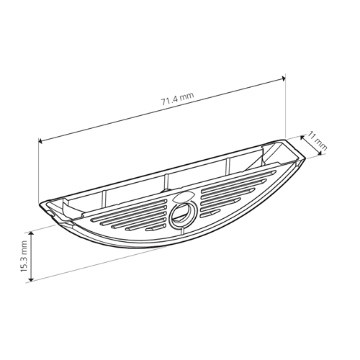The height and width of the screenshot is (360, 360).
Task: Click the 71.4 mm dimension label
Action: pos(177,99)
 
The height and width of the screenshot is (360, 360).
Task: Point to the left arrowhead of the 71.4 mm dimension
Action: pos(40,141)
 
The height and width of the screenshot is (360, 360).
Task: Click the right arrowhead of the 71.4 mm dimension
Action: pos(284,78)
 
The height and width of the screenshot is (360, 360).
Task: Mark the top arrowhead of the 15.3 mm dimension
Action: pos(31,234)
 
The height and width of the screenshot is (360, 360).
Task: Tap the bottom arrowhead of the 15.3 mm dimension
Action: pos(31,279)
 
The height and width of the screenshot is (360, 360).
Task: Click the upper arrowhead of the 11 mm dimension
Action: pos(302,138)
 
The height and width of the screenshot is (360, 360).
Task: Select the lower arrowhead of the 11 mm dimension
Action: pos(320,153)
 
